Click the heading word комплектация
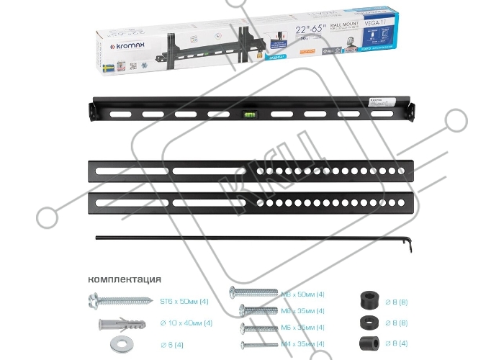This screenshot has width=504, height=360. click(125, 279)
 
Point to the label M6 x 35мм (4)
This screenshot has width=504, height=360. click(303, 328)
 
